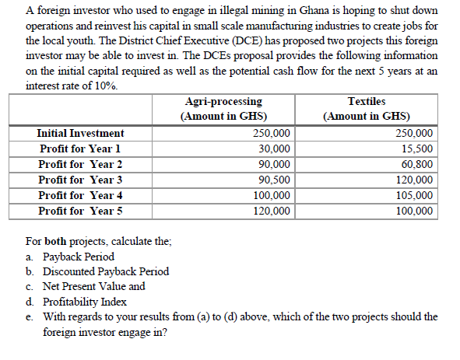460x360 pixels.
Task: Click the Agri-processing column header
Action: tap(223, 102)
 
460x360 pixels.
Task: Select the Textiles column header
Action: tap(367, 102)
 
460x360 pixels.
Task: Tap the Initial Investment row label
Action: tap(80, 134)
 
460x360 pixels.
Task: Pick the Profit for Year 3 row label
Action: tap(80, 180)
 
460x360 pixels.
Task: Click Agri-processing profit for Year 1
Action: tap(275, 149)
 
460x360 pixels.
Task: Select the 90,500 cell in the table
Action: tap(275, 180)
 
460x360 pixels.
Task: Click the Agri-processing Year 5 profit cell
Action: tap(272, 211)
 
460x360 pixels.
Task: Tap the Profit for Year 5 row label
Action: tap(80, 211)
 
